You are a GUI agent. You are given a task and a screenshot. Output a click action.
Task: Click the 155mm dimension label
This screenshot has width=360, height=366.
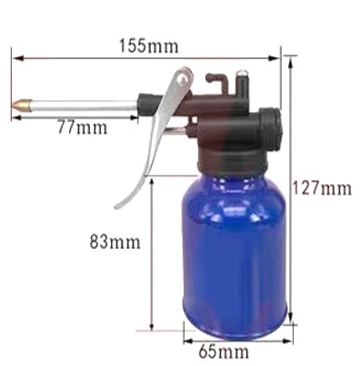click(148, 46)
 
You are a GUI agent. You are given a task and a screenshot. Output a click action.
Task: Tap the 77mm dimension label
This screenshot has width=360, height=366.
click(83, 127)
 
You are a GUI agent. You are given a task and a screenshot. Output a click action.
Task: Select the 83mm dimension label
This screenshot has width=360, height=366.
click(115, 242)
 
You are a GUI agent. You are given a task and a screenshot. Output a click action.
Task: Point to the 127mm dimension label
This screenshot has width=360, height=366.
click(322, 188)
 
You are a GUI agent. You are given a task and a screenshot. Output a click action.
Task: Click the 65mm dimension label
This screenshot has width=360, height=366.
click(224, 351)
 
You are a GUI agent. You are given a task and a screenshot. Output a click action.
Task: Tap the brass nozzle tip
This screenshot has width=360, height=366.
click(21, 104)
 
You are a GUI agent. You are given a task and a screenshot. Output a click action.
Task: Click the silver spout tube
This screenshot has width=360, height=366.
click(84, 106)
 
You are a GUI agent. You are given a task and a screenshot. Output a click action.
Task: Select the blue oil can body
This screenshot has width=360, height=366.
click(235, 255)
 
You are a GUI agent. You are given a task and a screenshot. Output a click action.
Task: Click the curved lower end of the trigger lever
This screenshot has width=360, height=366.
click(127, 198)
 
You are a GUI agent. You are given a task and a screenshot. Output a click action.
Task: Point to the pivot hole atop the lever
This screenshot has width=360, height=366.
click(183, 80)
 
